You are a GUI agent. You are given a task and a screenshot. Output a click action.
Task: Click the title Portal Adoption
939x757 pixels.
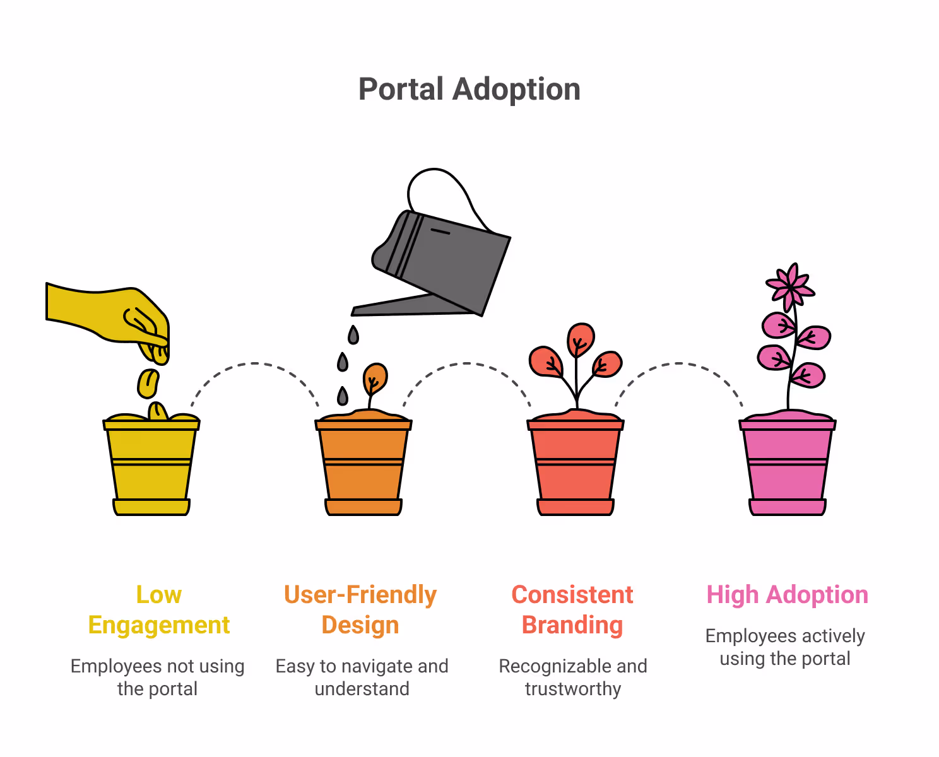pos(469,89)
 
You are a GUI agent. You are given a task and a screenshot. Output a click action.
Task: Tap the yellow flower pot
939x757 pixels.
pos(151,467)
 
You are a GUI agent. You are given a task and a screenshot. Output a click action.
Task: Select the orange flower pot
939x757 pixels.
pos(363,467)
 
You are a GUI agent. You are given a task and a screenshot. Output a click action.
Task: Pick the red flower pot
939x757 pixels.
pos(576,467)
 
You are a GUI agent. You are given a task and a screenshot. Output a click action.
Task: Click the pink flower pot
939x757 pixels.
pos(788,467)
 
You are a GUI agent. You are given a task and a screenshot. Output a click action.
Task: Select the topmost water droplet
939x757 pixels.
pos(353,334)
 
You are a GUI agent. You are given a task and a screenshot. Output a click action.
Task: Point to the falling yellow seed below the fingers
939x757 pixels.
pos(148,384)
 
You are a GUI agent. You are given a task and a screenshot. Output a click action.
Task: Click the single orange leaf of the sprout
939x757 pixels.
pos(375,378)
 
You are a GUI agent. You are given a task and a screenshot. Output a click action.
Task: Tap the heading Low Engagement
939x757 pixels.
pos(159,609)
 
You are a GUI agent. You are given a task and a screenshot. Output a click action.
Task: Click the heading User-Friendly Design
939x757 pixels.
pos(360,609)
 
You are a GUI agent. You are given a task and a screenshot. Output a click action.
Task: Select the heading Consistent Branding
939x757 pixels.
pos(572,609)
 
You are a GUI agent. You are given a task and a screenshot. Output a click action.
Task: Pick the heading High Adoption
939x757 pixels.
pos(787,595)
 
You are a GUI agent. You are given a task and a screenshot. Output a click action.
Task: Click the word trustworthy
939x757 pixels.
pos(573,689)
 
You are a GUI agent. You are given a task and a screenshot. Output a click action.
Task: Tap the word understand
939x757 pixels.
pos(362,689)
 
